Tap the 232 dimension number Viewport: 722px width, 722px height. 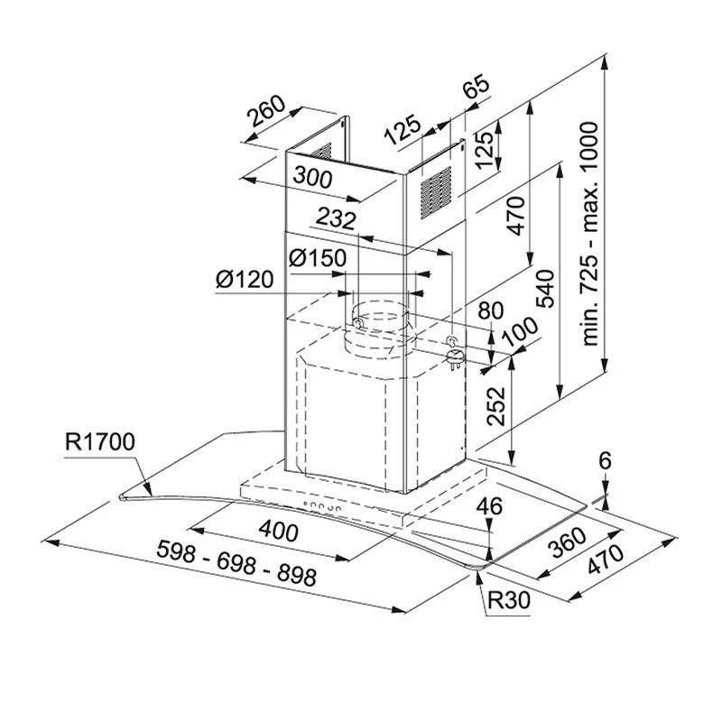(x=336, y=218)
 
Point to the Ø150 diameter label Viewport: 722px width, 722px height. (x=317, y=258)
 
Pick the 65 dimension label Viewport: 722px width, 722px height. (x=475, y=88)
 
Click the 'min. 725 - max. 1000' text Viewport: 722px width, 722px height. (x=591, y=248)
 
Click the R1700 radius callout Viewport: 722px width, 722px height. (x=99, y=442)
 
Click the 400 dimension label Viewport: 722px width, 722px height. (x=279, y=533)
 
